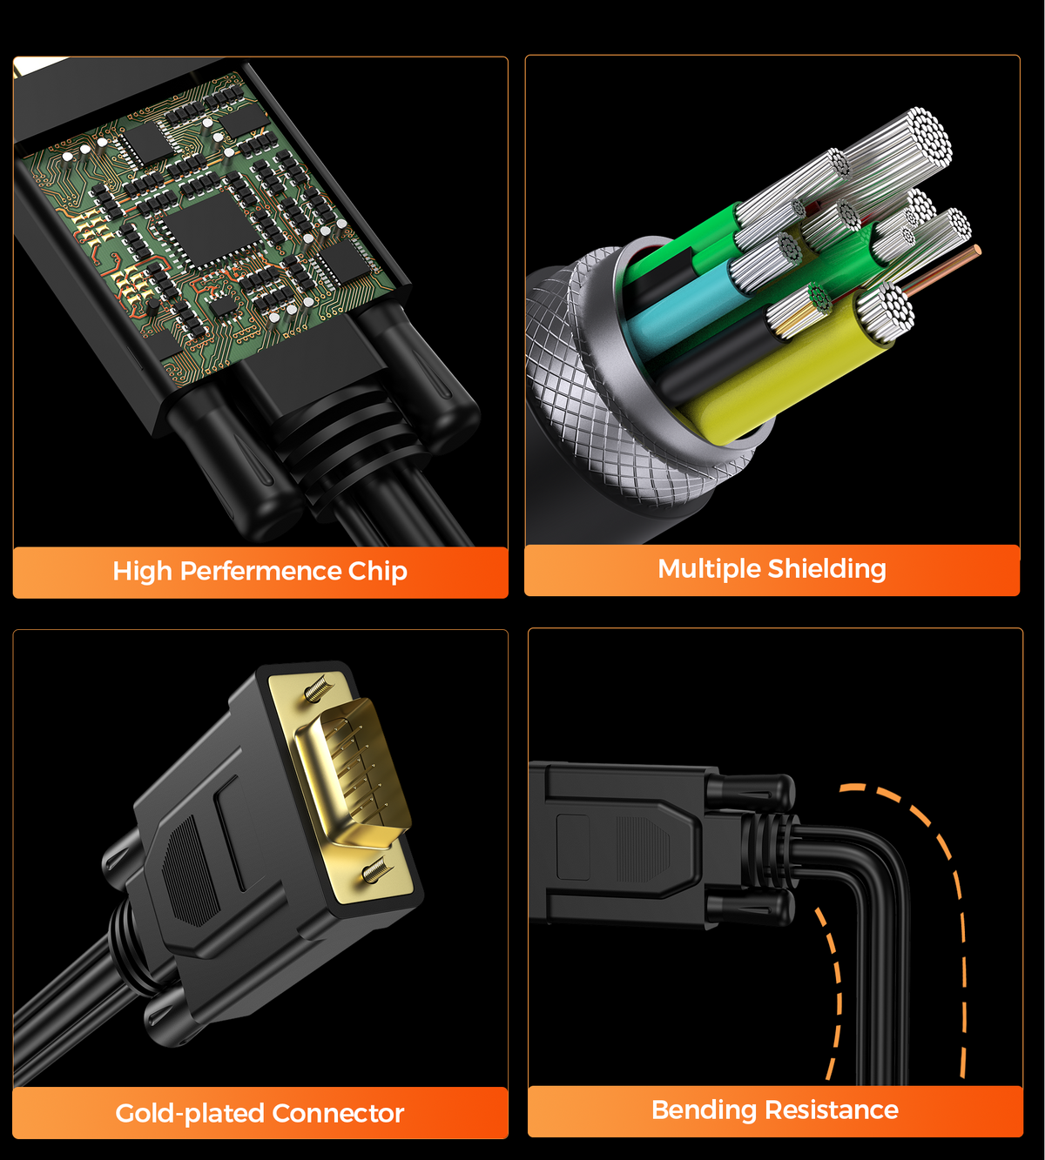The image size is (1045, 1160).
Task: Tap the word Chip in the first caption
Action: click(377, 571)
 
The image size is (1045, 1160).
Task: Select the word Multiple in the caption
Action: click(709, 568)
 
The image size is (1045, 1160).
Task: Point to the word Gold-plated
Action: click(189, 1113)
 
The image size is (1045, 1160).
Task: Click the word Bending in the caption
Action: click(704, 1110)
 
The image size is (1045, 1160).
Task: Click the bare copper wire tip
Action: click(977, 251)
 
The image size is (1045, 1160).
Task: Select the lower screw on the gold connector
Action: click(375, 869)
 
